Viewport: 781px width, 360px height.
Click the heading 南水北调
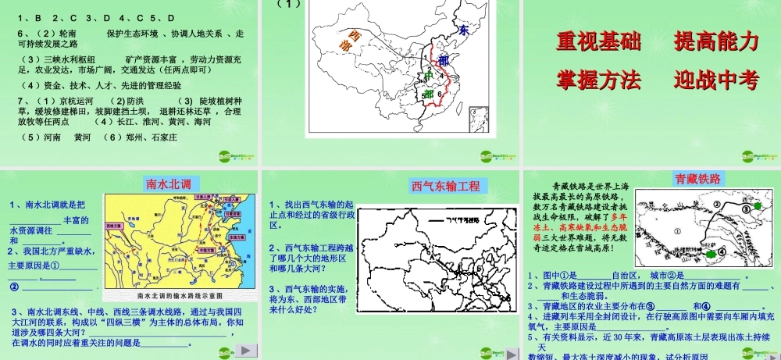[x=169, y=184]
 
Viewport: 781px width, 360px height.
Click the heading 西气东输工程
[x=447, y=186]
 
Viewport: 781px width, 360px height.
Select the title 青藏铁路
[x=697, y=180]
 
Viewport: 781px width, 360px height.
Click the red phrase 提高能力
[x=716, y=42]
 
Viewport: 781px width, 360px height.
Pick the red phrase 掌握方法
[x=597, y=80]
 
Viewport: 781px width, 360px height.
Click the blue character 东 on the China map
[x=463, y=30]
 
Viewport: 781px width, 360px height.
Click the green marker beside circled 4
[x=711, y=254]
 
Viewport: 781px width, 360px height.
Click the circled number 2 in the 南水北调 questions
[x=13, y=287]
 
